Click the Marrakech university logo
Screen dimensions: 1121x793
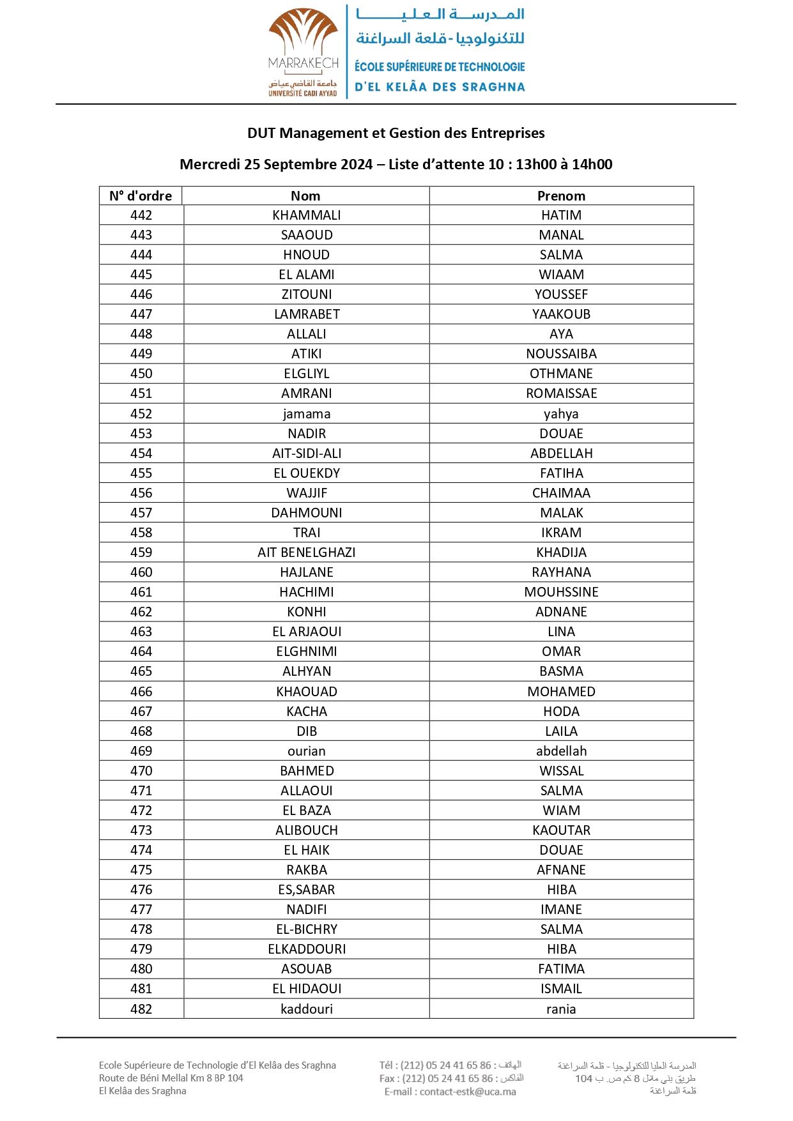pos(303,52)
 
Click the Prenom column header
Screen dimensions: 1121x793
pos(561,196)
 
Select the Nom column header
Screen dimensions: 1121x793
pos(305,196)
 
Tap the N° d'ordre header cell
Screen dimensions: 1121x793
pos(141,196)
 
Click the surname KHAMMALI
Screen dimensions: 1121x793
pos(307,215)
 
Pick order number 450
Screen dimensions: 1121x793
pos(141,374)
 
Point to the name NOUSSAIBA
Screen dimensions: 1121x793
pos(561,354)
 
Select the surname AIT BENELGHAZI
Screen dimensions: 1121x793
pos(307,553)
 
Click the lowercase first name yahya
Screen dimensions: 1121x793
pos(561,414)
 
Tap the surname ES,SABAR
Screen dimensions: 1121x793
pos(307,890)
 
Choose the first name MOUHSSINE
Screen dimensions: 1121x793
pos(561,592)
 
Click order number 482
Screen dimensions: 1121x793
pos(141,1009)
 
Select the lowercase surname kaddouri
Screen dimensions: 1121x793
pos(307,1009)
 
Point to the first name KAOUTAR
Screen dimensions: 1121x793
pos(561,830)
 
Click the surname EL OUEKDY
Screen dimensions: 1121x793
pos(307,473)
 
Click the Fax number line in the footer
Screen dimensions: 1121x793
pos(450,1078)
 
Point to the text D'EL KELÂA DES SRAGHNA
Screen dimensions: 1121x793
pos(440,87)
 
